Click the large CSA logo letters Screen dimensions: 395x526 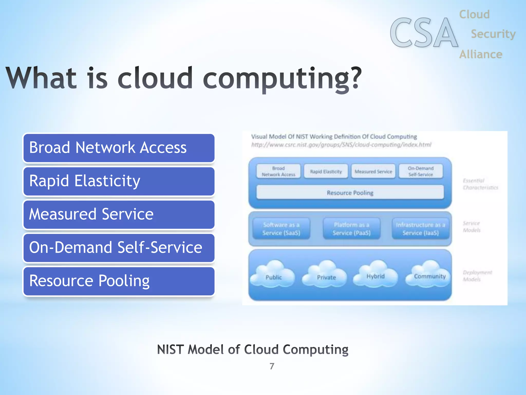pyautogui.click(x=424, y=33)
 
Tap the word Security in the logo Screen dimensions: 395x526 pyautogui.click(x=493, y=34)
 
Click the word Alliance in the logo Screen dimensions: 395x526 pyautogui.click(x=481, y=54)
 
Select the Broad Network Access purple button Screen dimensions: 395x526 pyautogui.click(x=119, y=148)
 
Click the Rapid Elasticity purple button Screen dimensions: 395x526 pyautogui.click(x=119, y=181)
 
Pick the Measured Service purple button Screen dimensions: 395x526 pyautogui.click(x=119, y=214)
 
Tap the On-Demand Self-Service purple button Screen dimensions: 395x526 pyautogui.click(x=119, y=248)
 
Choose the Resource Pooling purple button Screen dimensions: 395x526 pyautogui.click(x=119, y=281)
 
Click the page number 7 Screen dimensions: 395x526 pyautogui.click(x=272, y=366)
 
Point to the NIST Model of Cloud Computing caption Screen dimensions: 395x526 pyautogui.click(x=252, y=349)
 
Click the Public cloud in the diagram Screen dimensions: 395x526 pyautogui.click(x=273, y=275)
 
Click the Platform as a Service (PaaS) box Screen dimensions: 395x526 pyautogui.click(x=351, y=229)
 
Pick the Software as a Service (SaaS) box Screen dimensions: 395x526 pyautogui.click(x=281, y=229)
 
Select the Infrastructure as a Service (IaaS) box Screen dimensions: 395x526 pyautogui.click(x=420, y=229)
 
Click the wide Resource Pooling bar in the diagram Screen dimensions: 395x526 pyautogui.click(x=350, y=193)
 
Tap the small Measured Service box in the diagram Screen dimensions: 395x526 pyautogui.click(x=373, y=171)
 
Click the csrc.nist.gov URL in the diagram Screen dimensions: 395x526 pyautogui.click(x=341, y=145)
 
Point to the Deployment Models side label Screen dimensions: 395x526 pyautogui.click(x=477, y=276)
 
